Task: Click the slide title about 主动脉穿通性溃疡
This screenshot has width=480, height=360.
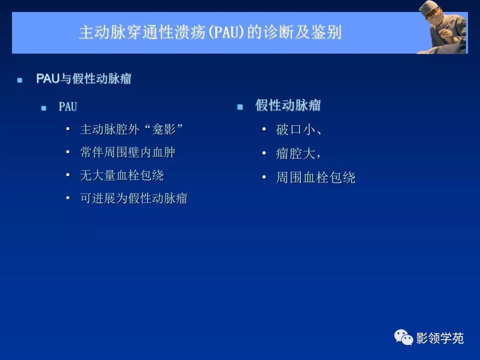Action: pos(210,33)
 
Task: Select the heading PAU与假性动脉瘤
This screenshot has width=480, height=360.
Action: pos(84,79)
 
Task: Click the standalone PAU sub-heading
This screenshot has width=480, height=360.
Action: pos(68,107)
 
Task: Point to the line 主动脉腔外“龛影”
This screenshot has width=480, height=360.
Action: pos(132,129)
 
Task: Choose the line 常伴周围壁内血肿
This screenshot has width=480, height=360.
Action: pos(128,152)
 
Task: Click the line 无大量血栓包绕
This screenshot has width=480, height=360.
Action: pos(122,176)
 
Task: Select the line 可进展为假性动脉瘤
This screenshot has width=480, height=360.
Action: pos(133,198)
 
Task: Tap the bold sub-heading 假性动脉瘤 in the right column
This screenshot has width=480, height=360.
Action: pos(288,105)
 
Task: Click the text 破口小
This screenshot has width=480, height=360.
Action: pos(295,130)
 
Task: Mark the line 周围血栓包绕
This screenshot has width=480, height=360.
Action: pos(316,178)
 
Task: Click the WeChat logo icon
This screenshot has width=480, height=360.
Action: pos(403,338)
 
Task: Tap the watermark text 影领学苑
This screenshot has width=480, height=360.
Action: pos(440,338)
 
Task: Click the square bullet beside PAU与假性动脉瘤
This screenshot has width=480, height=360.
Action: pos(20,80)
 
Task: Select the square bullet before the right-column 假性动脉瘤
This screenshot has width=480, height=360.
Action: pos(240,107)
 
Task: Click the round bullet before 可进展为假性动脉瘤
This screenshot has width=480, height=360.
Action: pos(68,198)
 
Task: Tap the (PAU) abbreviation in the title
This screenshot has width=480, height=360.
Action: pos(227,33)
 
